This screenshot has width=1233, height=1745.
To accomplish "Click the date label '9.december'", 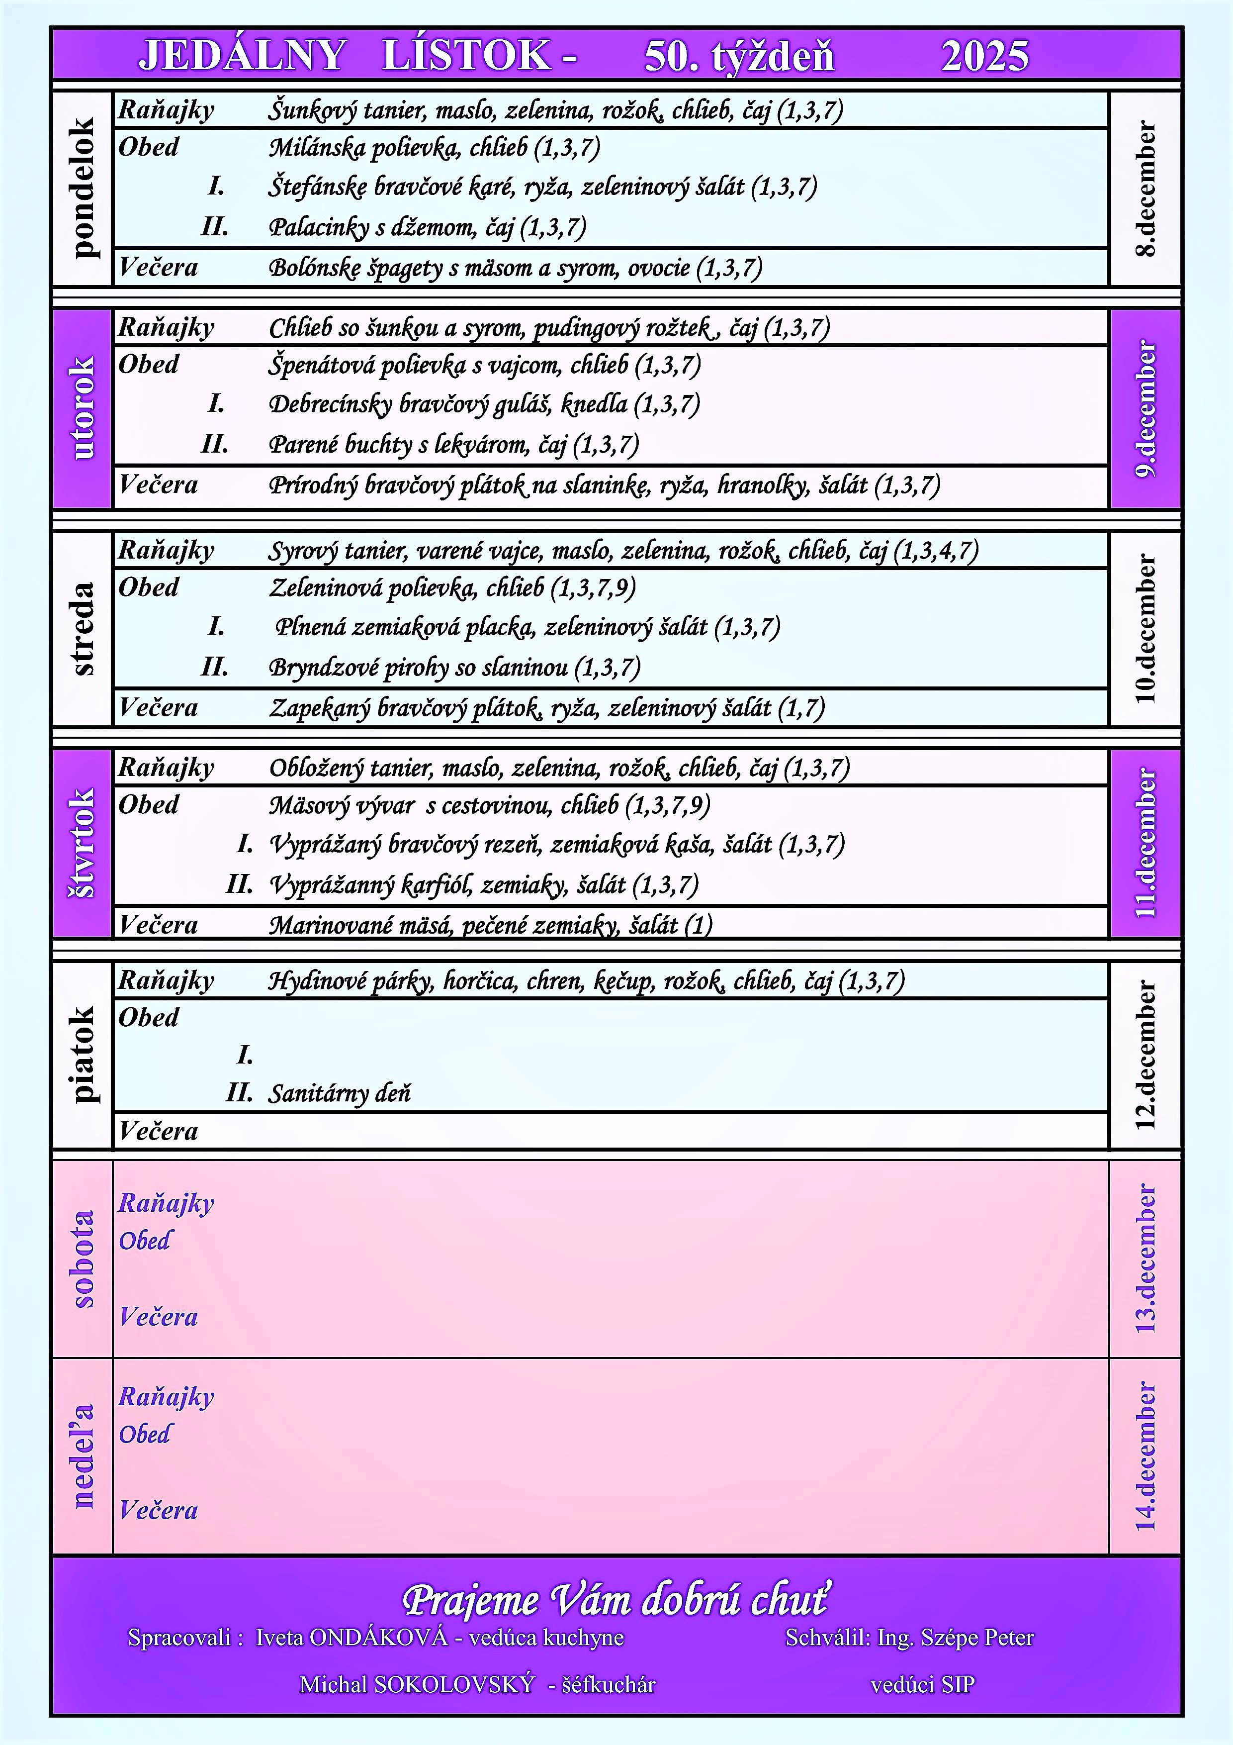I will (1145, 409).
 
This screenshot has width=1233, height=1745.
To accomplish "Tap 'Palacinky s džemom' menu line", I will (372, 227).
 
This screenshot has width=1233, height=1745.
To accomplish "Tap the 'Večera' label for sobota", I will (158, 1317).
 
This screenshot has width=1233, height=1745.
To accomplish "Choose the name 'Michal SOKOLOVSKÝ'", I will (417, 1685).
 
